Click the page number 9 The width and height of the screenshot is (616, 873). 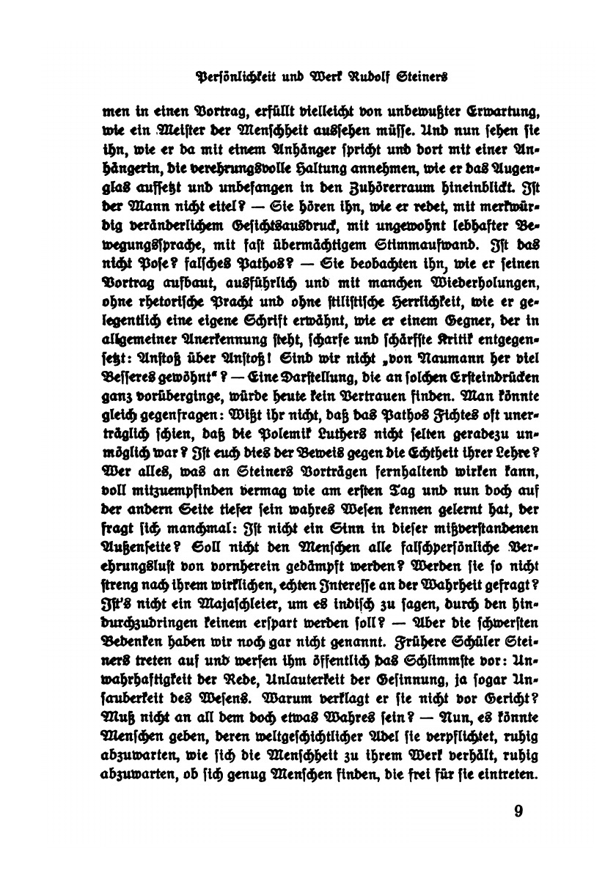pos(518,810)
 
